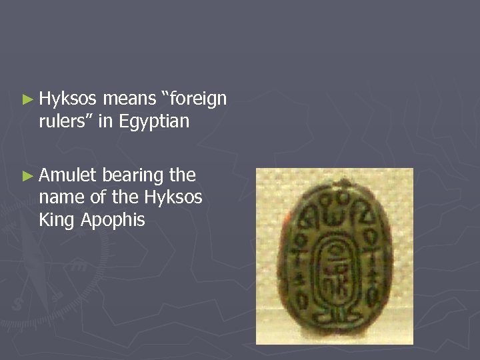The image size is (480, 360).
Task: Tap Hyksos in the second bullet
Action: pos(172,197)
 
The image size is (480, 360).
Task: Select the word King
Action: pos(56,220)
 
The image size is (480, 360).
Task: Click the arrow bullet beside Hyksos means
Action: pos(27,100)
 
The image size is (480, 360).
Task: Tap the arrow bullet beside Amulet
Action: pos(27,176)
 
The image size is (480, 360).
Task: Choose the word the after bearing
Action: pos(182,175)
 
